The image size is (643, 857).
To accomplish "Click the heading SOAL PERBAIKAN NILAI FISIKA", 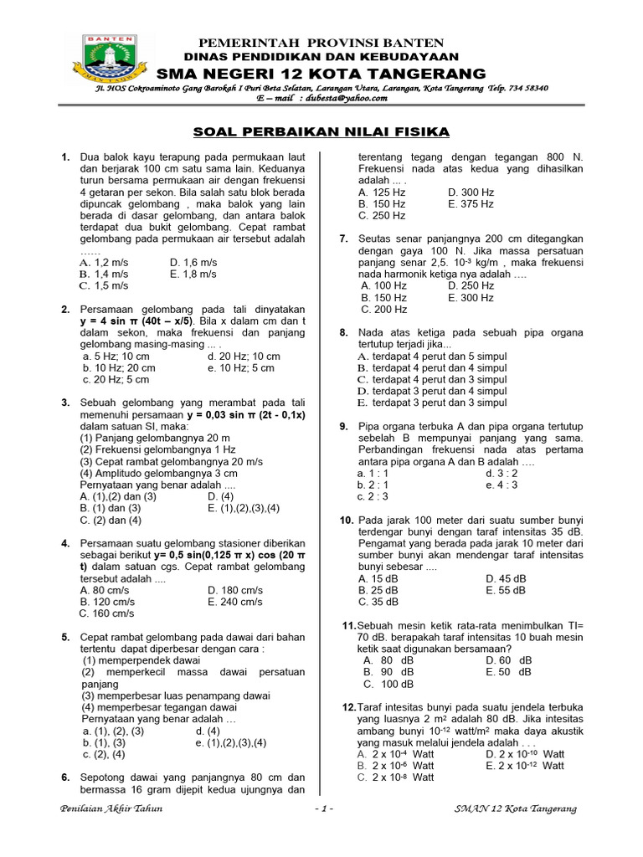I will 321,131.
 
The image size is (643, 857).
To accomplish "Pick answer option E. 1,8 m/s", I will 193,274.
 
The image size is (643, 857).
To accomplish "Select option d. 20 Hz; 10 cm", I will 244,356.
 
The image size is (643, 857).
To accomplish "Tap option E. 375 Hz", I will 471,203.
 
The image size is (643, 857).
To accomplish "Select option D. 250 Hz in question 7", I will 471,285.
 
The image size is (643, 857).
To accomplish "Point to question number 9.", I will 343,426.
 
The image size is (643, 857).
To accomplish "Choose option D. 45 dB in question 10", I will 506,578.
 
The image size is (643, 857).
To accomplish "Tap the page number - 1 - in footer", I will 322,808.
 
